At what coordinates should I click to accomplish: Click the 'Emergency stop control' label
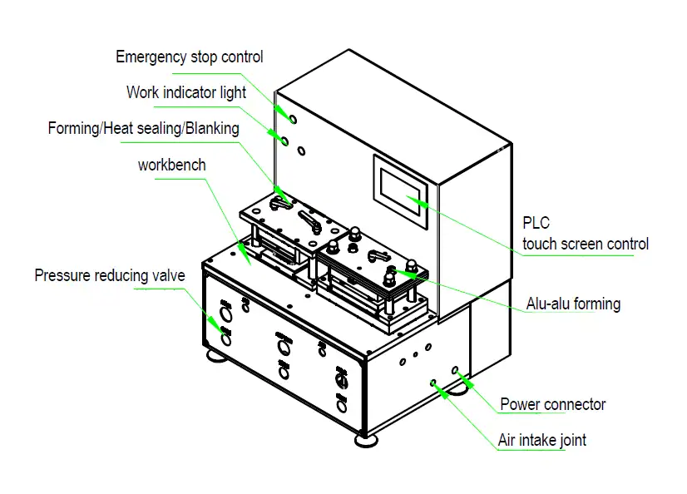[x=189, y=57]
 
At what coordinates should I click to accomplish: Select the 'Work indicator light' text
[x=186, y=92]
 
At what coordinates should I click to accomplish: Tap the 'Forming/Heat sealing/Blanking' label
[x=143, y=129]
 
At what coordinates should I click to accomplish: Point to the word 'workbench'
[x=171, y=165]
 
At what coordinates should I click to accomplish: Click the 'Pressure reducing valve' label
[x=109, y=275]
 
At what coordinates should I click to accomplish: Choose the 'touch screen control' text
[x=585, y=244]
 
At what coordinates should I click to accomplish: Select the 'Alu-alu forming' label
[x=573, y=304]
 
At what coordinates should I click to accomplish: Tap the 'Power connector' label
[x=552, y=405]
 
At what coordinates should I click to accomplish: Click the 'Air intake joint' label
[x=541, y=440]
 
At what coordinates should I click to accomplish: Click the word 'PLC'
[x=536, y=224]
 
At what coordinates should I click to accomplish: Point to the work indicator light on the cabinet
[x=284, y=141]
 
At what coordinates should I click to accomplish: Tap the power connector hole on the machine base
[x=455, y=369]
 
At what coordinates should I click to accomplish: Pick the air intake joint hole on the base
[x=432, y=383]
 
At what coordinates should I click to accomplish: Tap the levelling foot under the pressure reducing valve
[x=215, y=357]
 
